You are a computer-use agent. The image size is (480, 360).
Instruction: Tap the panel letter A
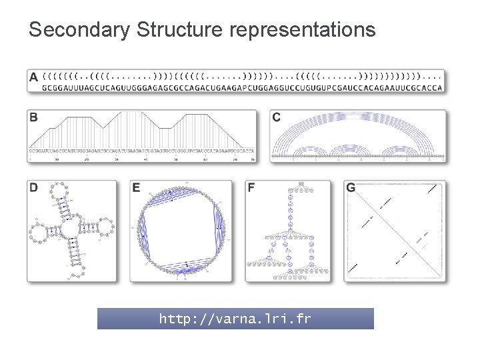(34, 77)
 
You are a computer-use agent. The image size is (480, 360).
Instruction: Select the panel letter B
(33, 118)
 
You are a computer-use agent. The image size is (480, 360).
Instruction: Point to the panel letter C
(277, 118)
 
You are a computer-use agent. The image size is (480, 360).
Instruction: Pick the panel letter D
(33, 188)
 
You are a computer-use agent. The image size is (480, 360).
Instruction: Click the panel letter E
(136, 188)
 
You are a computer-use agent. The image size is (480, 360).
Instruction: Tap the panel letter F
(251, 188)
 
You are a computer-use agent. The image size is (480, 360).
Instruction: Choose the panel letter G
(351, 188)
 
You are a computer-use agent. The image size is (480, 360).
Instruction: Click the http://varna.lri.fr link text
(235, 319)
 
